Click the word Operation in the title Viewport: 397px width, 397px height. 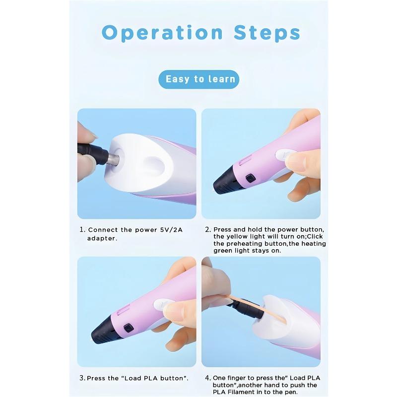[162, 33]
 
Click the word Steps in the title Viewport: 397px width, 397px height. [267, 33]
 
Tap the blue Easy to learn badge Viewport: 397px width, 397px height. [199, 79]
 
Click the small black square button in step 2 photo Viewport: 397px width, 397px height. [250, 179]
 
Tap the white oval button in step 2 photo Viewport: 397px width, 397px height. [286, 154]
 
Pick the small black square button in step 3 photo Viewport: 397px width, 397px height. [129, 328]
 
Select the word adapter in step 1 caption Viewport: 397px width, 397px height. [102, 239]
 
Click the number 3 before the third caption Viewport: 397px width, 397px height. [82, 378]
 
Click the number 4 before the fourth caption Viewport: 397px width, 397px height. [207, 378]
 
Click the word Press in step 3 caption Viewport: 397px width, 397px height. [96, 378]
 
